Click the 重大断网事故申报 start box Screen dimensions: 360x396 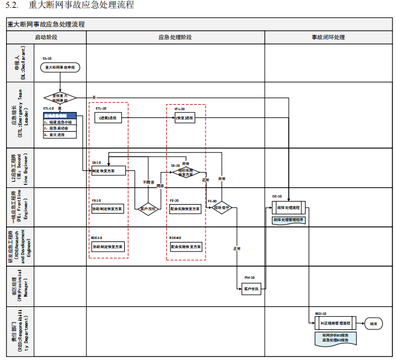pyautogui.click(x=60, y=67)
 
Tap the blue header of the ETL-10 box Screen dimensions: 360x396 pyautogui.click(x=60, y=115)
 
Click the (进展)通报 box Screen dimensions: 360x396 pyautogui.click(x=108, y=118)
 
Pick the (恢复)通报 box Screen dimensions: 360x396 pyautogui.click(x=186, y=118)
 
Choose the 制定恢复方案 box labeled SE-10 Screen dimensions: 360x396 pyautogui.click(x=108, y=171)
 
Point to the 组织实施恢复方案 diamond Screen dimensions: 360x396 pyautogui.click(x=186, y=173)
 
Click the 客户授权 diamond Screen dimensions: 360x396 pyautogui.click(x=148, y=209)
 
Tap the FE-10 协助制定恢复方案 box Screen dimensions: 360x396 pyautogui.click(x=108, y=209)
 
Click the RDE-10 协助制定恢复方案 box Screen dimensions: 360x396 pyautogui.click(x=108, y=247)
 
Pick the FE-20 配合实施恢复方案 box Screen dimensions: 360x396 pyautogui.click(x=186, y=209)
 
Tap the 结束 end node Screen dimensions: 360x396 pyautogui.click(x=374, y=323)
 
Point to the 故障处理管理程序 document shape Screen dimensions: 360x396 pyautogui.click(x=288, y=220)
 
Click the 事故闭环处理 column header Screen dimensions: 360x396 pyautogui.click(x=328, y=37)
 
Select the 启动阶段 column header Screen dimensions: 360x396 pyautogui.click(x=46, y=37)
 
